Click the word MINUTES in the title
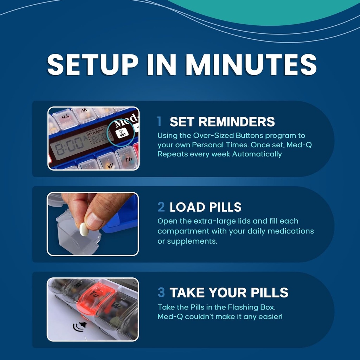(x=251, y=64)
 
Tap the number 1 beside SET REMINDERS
(x=160, y=122)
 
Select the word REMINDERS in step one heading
(x=236, y=122)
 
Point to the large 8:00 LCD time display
(x=67, y=144)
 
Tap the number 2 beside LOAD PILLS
(x=161, y=207)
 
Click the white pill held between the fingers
(x=84, y=229)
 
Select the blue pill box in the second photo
(x=121, y=214)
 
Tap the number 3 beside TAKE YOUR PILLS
(x=161, y=292)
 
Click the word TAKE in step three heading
(x=187, y=292)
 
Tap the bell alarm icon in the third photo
(x=81, y=327)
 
